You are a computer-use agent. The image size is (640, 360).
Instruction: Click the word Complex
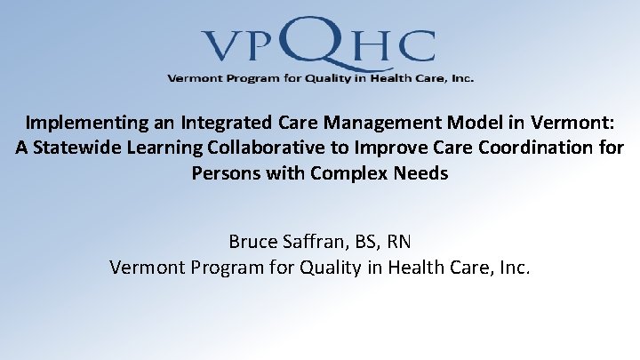click(348, 172)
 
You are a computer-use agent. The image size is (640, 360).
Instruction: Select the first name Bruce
click(253, 241)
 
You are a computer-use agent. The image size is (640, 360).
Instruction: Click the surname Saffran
click(315, 241)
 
